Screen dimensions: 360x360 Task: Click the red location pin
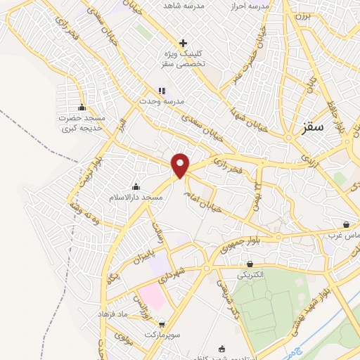[181, 165]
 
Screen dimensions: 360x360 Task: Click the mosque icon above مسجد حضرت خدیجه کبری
[82, 108]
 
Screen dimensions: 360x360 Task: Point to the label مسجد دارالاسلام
[136, 198]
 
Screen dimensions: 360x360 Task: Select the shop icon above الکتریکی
[250, 264]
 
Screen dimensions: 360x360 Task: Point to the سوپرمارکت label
[162, 336]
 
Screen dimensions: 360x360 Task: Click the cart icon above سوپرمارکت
[162, 325]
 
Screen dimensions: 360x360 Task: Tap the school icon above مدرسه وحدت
[162, 91]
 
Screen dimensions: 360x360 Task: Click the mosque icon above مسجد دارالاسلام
[136, 186]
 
